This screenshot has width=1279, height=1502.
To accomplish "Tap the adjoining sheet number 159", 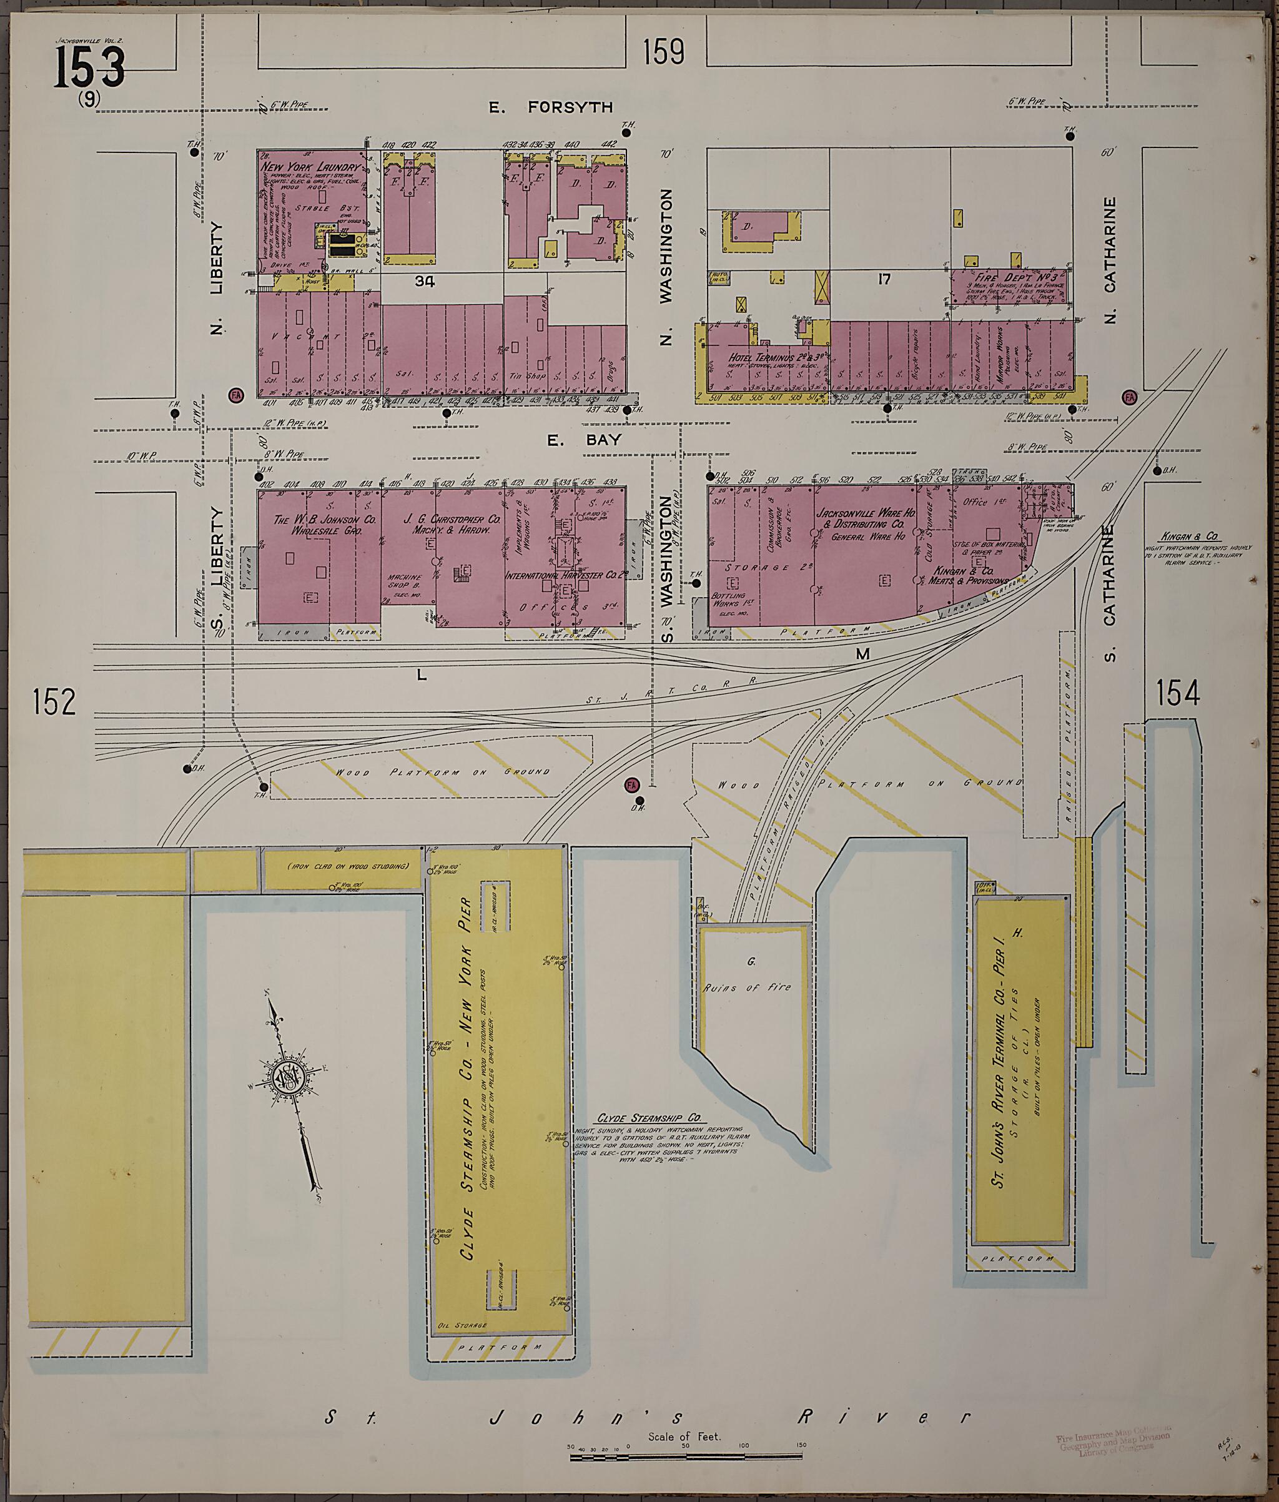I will [663, 52].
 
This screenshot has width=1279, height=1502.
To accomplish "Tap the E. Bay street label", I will [585, 440].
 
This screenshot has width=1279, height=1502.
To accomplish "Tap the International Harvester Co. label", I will [566, 574].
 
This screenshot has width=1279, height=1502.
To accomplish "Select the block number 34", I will [425, 280].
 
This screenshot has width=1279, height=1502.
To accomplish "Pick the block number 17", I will [884, 279].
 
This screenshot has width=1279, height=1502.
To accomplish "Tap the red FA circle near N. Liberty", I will [235, 395].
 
